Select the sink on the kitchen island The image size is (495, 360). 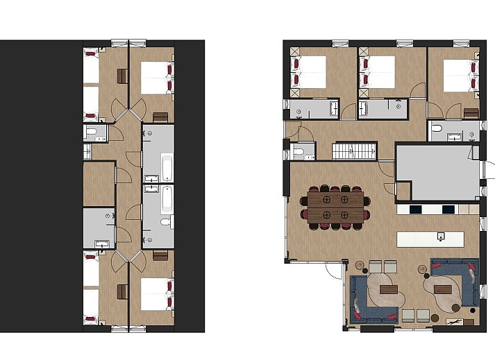tap(440, 237)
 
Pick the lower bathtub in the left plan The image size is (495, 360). tap(167, 200)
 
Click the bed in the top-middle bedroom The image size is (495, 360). tap(380, 71)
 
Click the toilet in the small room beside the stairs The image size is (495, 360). tap(299, 151)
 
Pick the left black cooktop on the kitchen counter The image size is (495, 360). tap(415, 208)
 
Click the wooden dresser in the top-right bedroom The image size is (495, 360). tap(471, 113)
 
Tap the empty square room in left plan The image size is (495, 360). tap(99, 184)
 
